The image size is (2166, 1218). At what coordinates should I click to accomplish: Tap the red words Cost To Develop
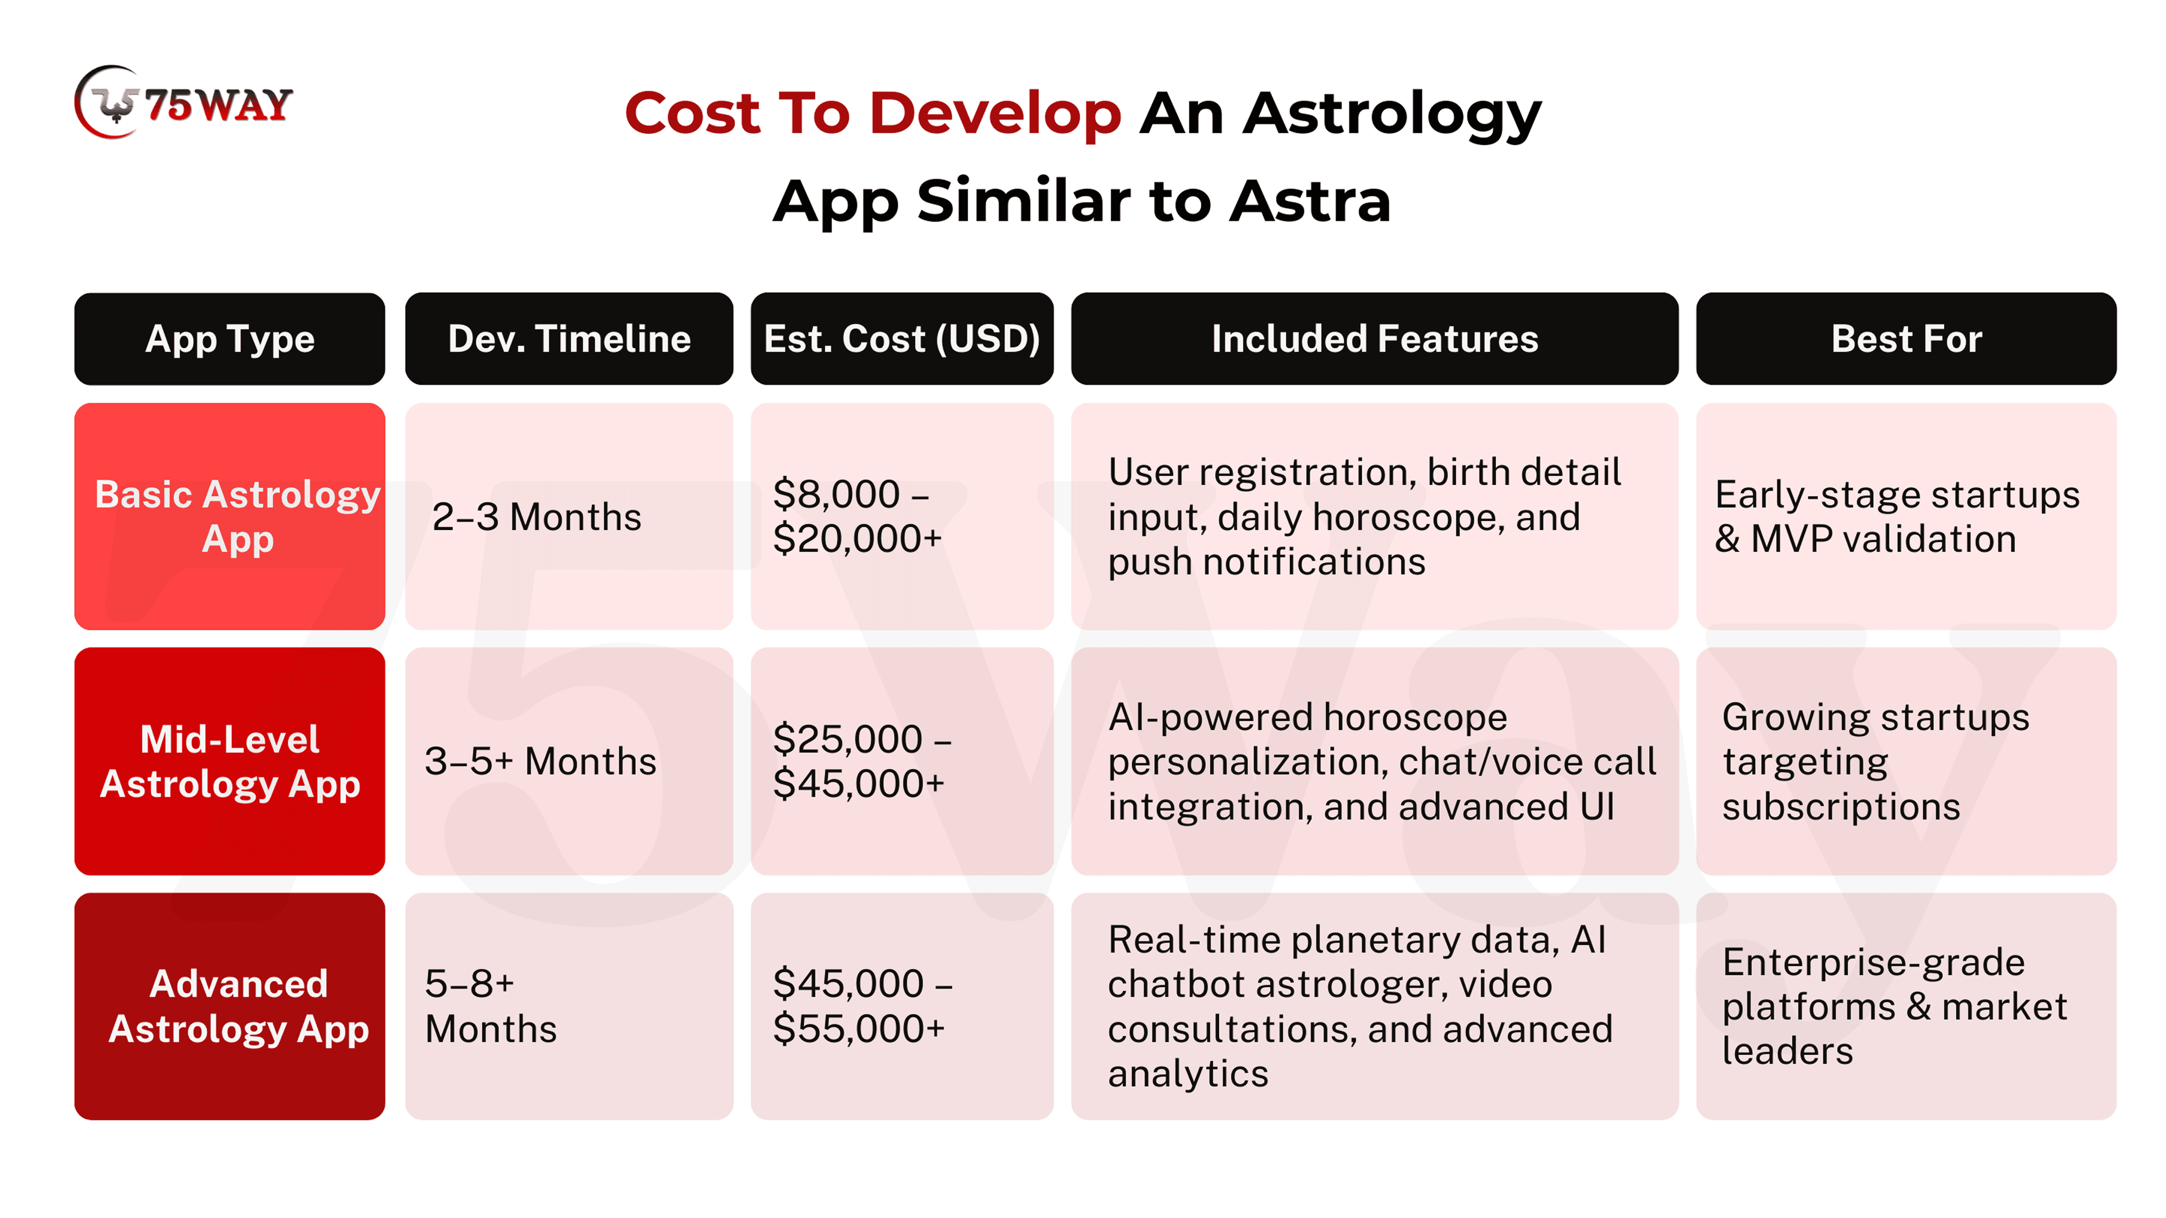tap(873, 113)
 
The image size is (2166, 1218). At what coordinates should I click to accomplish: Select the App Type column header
tap(230, 339)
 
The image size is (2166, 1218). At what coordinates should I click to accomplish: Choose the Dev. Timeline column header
tap(569, 339)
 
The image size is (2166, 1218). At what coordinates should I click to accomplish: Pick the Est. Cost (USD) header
tap(902, 339)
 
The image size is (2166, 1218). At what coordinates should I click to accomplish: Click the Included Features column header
tap(1375, 339)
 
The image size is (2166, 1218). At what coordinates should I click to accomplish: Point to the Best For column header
tap(1906, 339)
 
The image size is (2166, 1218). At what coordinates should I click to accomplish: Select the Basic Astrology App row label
tap(230, 516)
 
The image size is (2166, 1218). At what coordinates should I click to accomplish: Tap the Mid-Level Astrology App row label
tap(230, 761)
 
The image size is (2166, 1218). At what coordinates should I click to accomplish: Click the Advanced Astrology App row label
tap(230, 1006)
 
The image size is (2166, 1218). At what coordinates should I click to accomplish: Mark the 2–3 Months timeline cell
tap(569, 516)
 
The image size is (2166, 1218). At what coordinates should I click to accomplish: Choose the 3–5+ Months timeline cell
tap(569, 761)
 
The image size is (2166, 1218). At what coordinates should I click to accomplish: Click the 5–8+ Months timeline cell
tap(569, 1006)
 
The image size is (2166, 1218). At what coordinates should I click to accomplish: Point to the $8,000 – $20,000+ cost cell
tap(902, 516)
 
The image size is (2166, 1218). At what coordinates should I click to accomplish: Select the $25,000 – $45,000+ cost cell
tap(902, 761)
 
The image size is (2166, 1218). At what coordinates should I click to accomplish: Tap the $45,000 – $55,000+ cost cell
tap(902, 1006)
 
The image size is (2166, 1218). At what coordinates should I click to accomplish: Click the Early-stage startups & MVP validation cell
tap(1906, 516)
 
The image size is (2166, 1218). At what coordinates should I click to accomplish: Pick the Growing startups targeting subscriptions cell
tap(1906, 761)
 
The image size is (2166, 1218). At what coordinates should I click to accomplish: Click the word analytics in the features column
tap(1188, 1074)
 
